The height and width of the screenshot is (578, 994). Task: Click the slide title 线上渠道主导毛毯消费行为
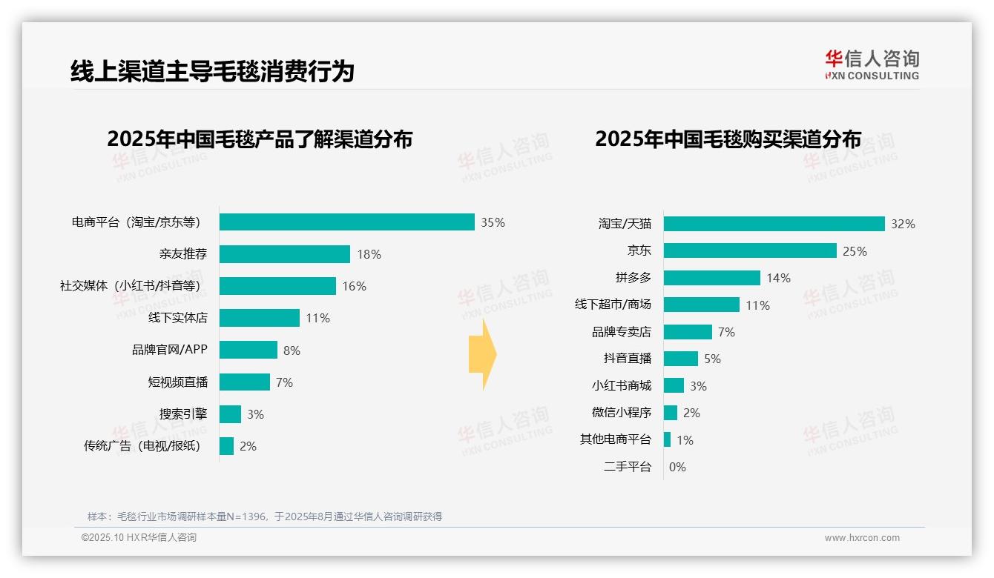(212, 71)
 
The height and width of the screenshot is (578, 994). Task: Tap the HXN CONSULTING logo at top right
(872, 65)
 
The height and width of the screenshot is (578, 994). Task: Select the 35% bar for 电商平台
(346, 222)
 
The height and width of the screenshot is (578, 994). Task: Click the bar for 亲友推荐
(284, 254)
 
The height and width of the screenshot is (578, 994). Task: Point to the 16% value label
(354, 286)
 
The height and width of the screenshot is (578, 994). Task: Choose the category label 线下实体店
(178, 318)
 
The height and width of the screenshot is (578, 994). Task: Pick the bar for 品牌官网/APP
(248, 350)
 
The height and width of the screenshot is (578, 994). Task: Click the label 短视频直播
(178, 382)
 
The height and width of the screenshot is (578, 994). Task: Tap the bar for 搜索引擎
(230, 414)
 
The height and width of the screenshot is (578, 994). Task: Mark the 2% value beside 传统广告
(248, 446)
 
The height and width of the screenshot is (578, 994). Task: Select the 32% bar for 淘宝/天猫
(774, 224)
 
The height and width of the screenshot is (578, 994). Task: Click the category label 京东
(639, 250)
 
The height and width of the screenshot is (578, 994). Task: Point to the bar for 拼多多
(711, 278)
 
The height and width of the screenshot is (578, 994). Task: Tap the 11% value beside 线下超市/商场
(757, 305)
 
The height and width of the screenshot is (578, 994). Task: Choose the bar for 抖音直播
(680, 359)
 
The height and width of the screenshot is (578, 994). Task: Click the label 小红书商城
(621, 385)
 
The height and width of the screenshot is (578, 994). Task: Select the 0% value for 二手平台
(677, 467)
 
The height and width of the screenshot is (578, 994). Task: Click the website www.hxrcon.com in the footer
(861, 538)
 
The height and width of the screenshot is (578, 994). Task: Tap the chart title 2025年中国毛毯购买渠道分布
(728, 139)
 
